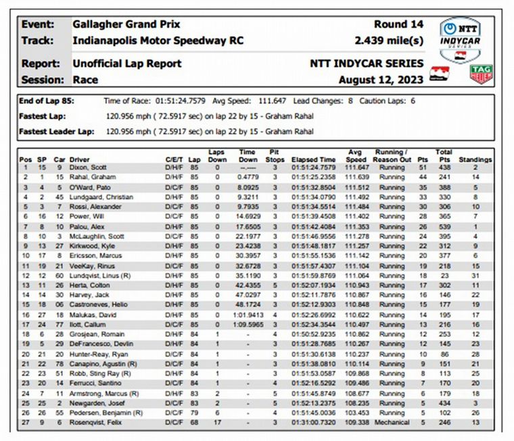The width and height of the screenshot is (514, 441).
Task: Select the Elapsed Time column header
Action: pos(313,159)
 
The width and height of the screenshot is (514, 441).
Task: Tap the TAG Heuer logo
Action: pos(482,74)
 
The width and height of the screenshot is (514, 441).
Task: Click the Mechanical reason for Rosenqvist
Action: pos(392,423)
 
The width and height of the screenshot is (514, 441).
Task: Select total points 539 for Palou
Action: pos(444,228)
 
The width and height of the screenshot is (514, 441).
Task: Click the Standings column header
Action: pos(475,159)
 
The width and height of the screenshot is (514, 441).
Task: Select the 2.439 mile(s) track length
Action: pos(389,41)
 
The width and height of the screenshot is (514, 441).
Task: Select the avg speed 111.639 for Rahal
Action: pos(356,177)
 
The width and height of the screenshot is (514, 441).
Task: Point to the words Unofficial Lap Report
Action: pos(127,63)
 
